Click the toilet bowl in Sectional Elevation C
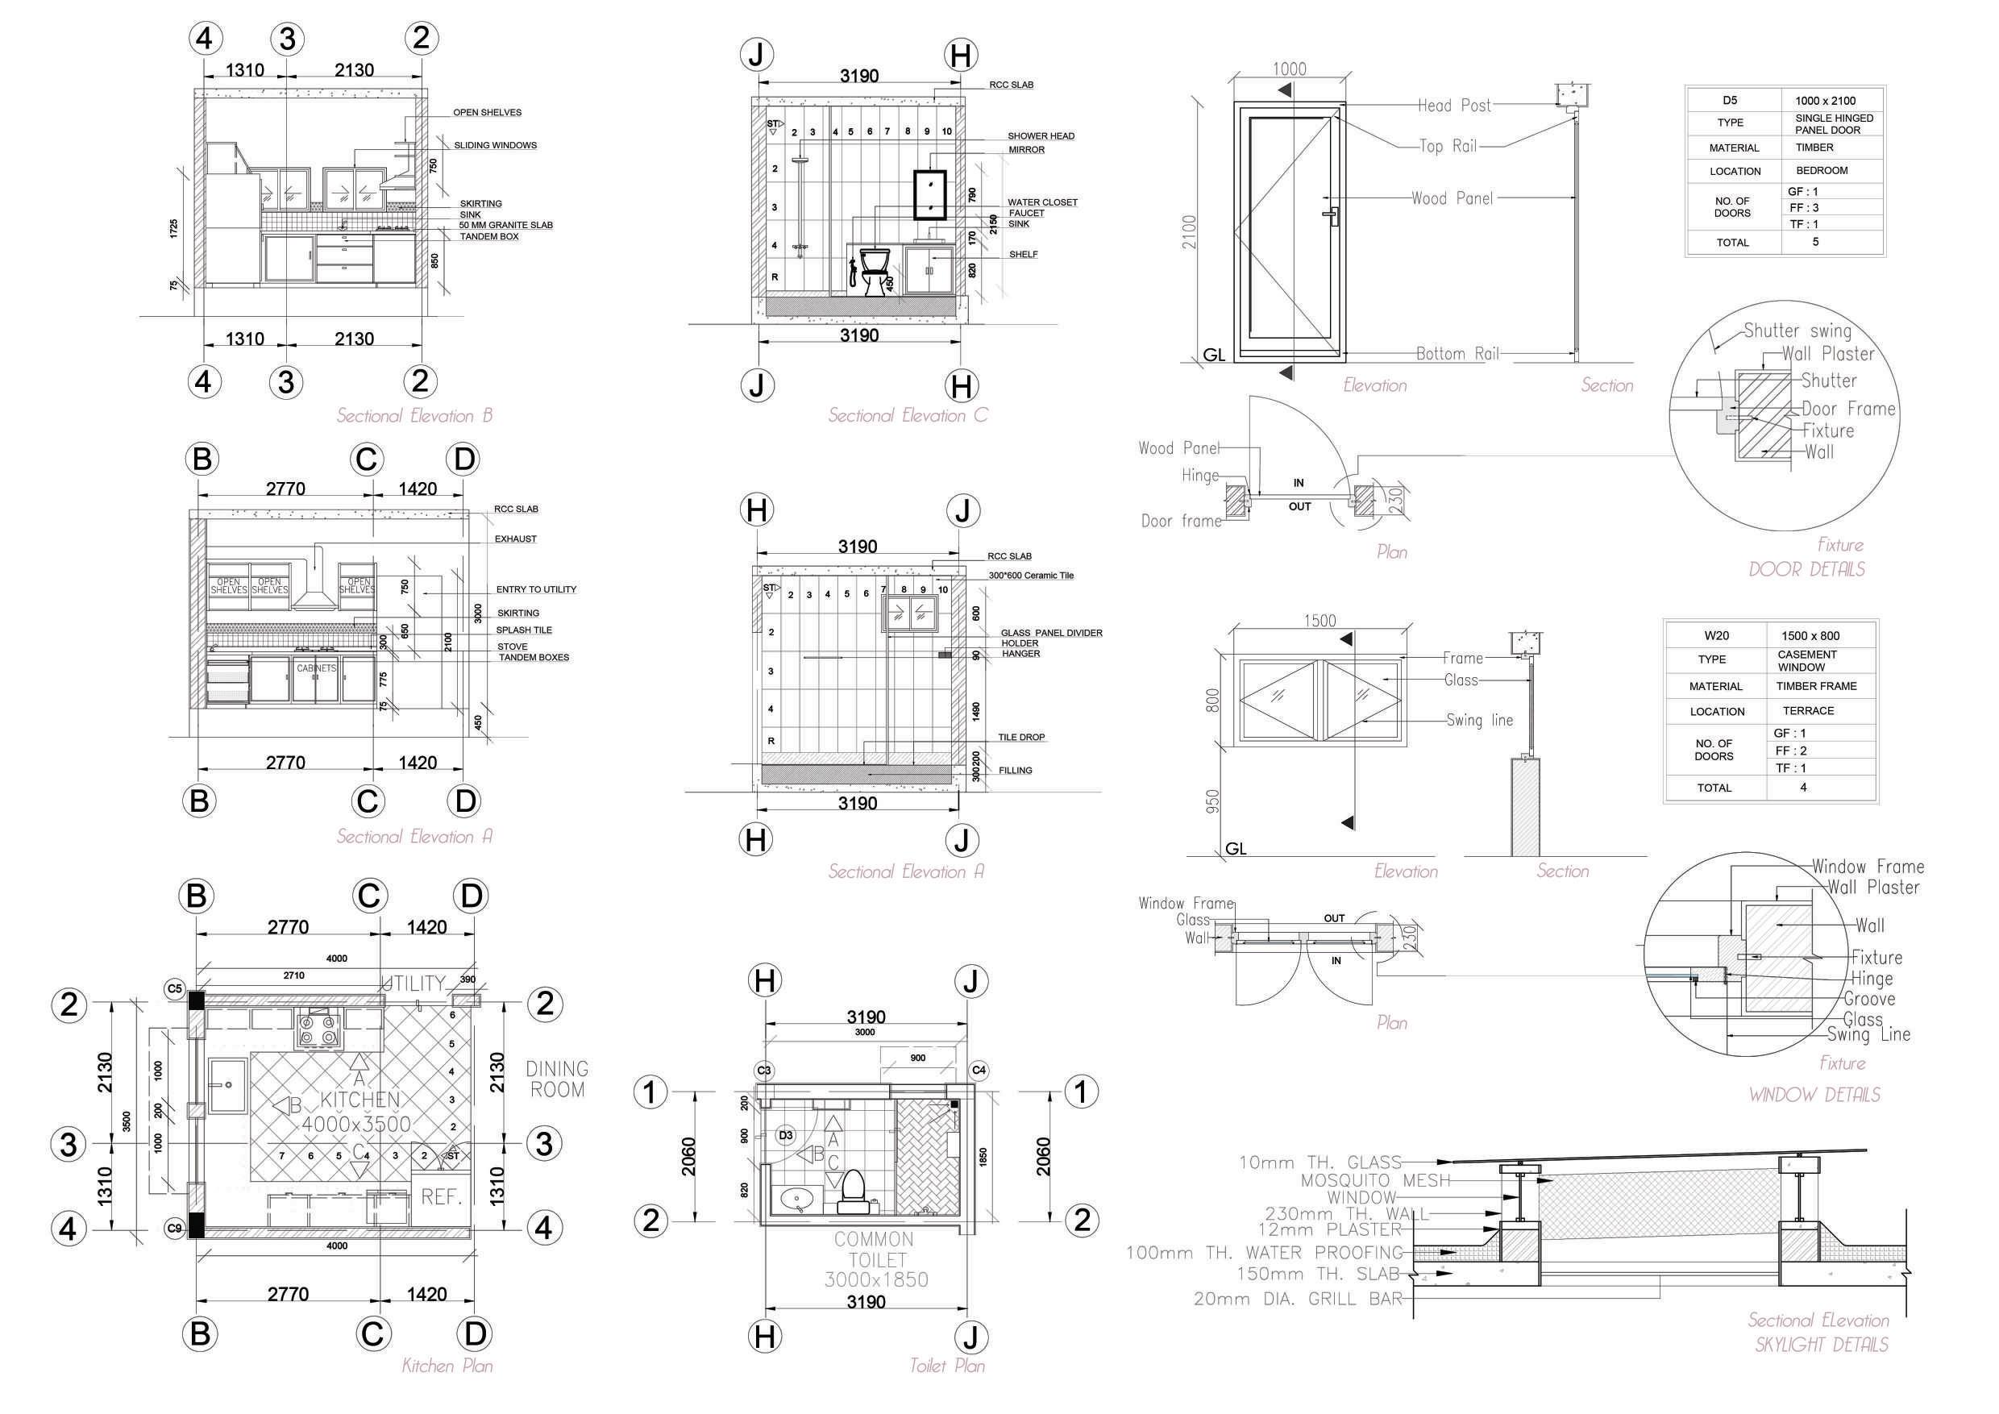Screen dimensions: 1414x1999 [x=873, y=268]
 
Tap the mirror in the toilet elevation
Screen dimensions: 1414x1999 [x=929, y=193]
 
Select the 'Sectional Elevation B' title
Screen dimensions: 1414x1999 [x=414, y=416]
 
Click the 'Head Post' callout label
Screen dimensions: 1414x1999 [x=1454, y=106]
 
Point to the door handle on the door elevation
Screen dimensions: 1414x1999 [x=1330, y=214]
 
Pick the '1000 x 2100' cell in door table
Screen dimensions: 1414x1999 [x=1825, y=101]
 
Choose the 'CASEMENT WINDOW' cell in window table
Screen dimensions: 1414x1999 [x=1807, y=661]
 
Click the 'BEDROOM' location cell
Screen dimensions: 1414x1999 [x=1821, y=171]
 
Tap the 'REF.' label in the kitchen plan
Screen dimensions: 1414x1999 [x=442, y=1197]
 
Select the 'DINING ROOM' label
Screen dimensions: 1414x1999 [x=557, y=1079]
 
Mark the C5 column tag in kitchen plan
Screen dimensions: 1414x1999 [x=175, y=988]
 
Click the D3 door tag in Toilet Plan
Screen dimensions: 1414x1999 [x=785, y=1135]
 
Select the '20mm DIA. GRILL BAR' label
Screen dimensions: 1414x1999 [x=1297, y=1299]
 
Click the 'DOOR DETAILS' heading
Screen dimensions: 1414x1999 [x=1806, y=569]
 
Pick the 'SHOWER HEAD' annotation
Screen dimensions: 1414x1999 [x=1041, y=135]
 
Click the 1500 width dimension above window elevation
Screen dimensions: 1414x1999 [x=1320, y=621]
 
